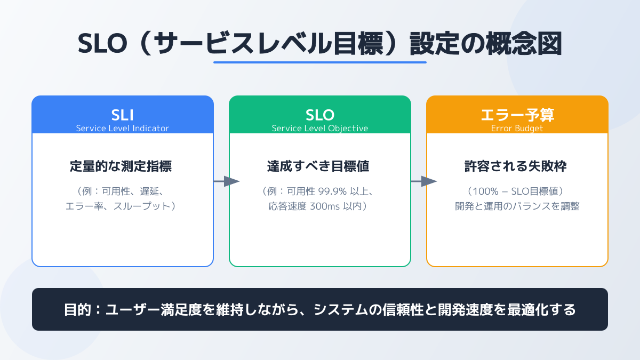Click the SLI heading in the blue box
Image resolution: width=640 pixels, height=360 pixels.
tap(122, 115)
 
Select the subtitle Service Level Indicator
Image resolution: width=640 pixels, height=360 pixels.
tap(122, 129)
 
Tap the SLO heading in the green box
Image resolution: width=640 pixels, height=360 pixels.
tap(319, 115)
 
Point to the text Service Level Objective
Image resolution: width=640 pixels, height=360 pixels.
tap(319, 129)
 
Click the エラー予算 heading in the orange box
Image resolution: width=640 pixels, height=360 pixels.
tap(517, 115)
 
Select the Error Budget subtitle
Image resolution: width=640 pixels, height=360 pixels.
tap(517, 129)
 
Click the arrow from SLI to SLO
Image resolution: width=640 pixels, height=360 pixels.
tap(227, 181)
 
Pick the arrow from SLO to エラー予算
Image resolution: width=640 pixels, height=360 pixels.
tap(424, 181)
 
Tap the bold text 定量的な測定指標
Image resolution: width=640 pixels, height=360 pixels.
tap(121, 166)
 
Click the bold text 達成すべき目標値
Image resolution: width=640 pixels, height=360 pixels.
tap(318, 166)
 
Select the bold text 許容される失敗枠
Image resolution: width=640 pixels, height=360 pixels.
tap(515, 166)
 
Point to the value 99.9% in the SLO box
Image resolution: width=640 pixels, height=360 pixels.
tap(332, 191)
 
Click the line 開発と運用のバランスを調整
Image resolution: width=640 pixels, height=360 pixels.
tap(517, 206)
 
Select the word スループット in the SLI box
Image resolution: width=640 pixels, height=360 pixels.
tap(142, 206)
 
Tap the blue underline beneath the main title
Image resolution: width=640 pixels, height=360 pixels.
tap(319, 62)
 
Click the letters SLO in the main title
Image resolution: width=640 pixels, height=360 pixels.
tap(102, 43)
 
